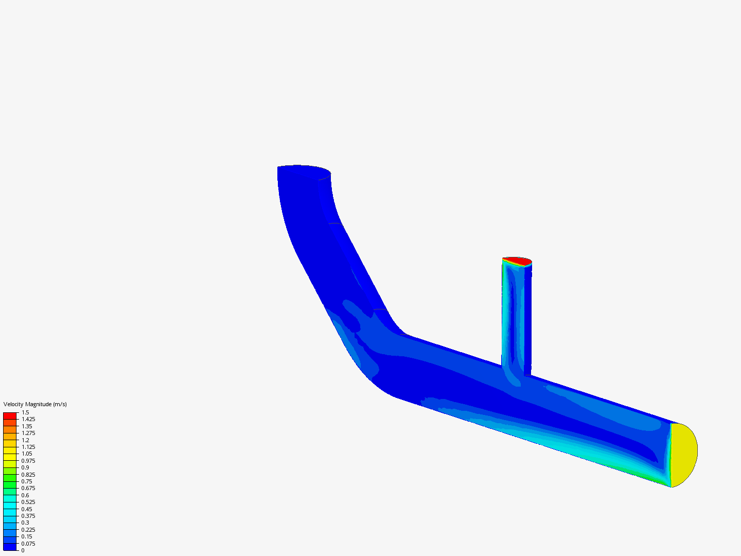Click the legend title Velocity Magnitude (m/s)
35,404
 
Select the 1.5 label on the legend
25,412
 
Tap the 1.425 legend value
28,419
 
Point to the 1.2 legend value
25,440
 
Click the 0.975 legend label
28,461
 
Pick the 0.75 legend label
27,481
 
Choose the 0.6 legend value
25,495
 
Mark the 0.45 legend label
27,509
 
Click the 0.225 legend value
28,530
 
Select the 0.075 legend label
28,544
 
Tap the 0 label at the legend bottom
23,550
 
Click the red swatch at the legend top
10,415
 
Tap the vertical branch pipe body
516,319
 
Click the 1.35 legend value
27,426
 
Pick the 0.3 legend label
25,523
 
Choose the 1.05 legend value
27,454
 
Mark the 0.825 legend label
28,475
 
